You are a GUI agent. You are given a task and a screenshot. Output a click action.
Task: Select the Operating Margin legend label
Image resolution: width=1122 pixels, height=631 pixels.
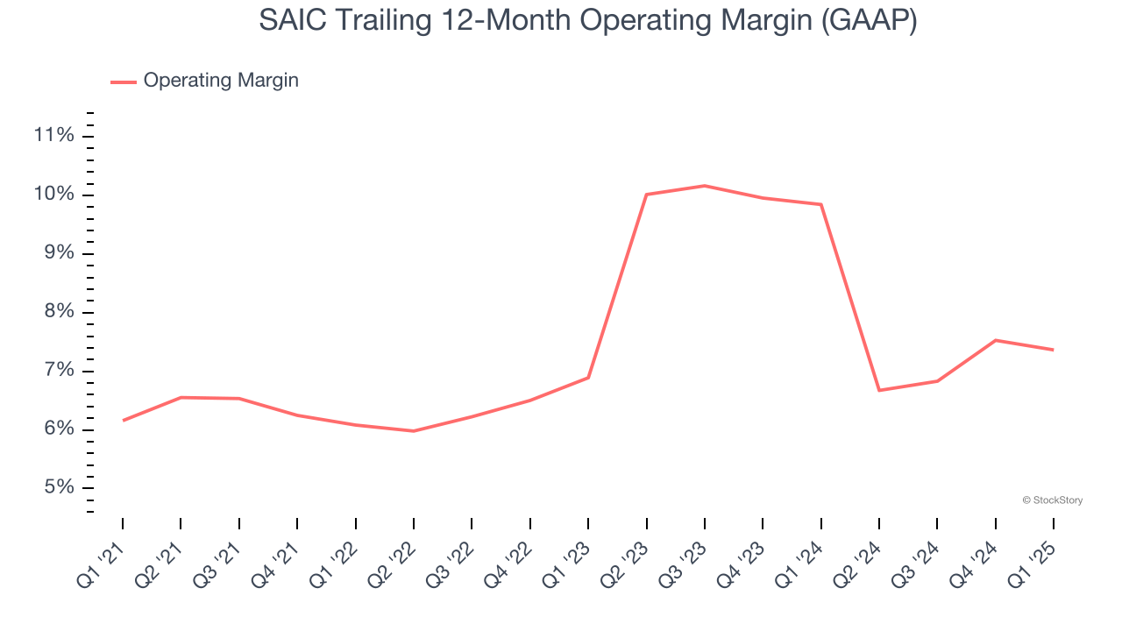(x=221, y=81)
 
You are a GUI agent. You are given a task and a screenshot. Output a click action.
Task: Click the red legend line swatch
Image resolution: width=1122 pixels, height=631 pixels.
(x=123, y=82)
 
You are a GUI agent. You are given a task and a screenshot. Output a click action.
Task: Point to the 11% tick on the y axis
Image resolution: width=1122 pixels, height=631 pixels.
(x=53, y=135)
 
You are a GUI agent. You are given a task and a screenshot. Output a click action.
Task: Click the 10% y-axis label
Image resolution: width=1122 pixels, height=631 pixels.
(x=53, y=194)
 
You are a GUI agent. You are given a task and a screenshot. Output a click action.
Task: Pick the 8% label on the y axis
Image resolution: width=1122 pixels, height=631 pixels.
(x=57, y=312)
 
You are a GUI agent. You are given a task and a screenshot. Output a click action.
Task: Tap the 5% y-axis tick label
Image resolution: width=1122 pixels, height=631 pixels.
(x=57, y=487)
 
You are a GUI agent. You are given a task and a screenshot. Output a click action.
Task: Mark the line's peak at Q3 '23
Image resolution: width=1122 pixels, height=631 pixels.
(x=705, y=186)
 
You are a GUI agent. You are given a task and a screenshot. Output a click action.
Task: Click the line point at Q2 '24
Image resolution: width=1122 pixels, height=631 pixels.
(x=879, y=390)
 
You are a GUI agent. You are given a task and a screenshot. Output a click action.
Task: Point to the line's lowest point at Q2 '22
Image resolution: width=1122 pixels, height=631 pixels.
(x=414, y=431)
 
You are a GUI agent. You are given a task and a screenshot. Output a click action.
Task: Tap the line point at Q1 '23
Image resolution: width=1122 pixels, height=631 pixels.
(x=588, y=378)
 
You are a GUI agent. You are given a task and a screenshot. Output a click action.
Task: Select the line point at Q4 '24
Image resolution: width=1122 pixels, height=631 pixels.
(x=996, y=340)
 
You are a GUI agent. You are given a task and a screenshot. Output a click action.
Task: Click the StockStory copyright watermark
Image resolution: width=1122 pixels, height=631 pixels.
(x=1052, y=500)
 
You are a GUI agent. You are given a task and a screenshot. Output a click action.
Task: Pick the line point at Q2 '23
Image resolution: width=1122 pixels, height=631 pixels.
(x=646, y=195)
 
